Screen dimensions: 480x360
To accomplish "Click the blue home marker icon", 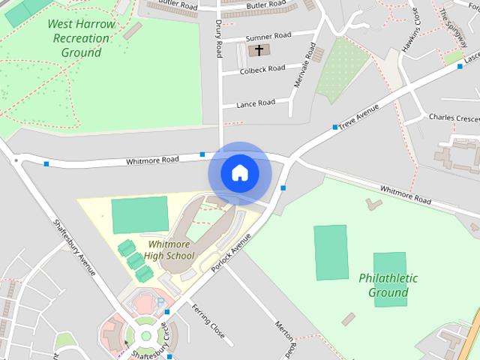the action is [239, 173].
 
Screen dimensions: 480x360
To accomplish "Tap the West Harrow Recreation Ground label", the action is [81, 38].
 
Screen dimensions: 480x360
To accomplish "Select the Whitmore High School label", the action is [169, 250].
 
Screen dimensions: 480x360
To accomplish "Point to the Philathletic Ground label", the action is [388, 285].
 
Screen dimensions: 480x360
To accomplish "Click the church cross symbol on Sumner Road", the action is [259, 50].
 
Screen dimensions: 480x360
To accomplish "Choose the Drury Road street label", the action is [219, 40].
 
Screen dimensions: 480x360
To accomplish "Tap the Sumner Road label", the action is [268, 35].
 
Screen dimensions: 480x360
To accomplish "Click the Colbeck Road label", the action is [262, 70].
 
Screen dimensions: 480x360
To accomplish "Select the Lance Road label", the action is [255, 103].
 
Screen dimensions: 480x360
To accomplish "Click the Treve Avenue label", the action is [358, 116].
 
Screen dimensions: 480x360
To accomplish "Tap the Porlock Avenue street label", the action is [232, 252].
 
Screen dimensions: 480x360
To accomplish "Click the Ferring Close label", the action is [207, 319].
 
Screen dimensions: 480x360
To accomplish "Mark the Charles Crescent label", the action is [453, 118].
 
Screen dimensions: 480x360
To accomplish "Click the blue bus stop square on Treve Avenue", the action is [334, 127].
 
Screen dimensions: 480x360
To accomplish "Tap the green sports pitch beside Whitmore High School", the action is [139, 215].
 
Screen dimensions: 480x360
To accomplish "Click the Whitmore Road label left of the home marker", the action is [152, 160].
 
